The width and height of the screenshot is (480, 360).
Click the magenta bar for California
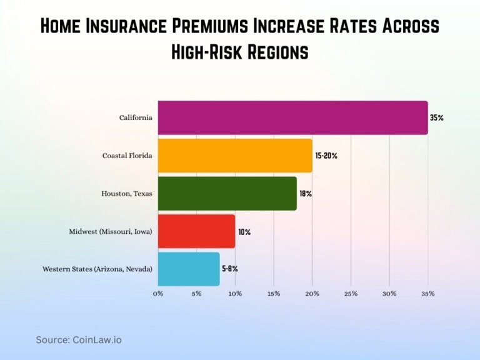click(x=292, y=117)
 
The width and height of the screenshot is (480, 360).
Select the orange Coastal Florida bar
click(x=235, y=156)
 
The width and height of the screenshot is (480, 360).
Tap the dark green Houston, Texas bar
click(x=227, y=194)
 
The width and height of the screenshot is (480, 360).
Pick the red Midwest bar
click(x=196, y=231)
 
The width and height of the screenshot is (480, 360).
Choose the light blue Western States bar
click(x=189, y=269)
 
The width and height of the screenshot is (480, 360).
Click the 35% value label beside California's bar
click(x=436, y=117)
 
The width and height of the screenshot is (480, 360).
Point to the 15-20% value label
click(x=326, y=156)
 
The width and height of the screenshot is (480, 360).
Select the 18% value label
click(x=305, y=194)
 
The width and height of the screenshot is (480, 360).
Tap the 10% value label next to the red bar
click(x=244, y=232)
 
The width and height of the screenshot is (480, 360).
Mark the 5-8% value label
click(x=230, y=269)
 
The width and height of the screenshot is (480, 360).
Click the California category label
click(x=136, y=117)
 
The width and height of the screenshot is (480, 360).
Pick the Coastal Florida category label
click(x=127, y=156)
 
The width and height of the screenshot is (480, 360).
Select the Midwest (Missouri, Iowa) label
click(x=111, y=232)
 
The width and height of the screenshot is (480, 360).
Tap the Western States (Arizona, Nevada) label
click(x=97, y=269)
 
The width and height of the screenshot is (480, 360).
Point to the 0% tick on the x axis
click(x=158, y=293)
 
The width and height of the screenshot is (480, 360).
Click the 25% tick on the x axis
click(x=351, y=293)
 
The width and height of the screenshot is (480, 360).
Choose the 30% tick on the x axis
click(x=389, y=293)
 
